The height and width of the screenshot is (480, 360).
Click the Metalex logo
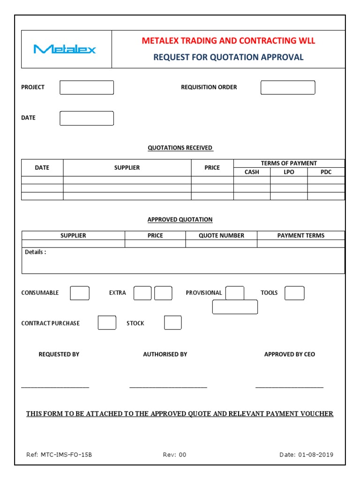click(65, 49)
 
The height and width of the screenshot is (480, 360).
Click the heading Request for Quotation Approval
click(228, 57)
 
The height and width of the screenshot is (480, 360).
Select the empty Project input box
click(87, 88)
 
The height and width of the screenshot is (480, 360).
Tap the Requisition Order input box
click(287, 88)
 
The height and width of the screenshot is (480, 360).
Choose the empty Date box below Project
click(87, 118)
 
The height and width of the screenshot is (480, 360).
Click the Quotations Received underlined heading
click(180, 148)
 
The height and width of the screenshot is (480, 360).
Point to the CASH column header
click(252, 172)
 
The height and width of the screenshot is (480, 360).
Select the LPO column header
click(289, 172)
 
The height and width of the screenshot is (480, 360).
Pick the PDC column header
click(326, 172)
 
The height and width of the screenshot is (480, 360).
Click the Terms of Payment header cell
click(289, 163)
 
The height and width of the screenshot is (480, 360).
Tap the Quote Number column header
click(221, 235)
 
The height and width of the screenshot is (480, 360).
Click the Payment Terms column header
click(300, 235)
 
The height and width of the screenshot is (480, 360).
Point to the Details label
click(36, 252)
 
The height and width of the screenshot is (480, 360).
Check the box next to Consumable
click(80, 293)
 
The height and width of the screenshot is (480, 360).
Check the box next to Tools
click(294, 293)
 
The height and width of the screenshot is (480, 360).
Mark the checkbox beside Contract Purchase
click(107, 323)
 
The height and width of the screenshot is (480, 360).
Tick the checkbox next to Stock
click(172, 323)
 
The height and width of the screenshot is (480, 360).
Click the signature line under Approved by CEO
click(289, 387)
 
